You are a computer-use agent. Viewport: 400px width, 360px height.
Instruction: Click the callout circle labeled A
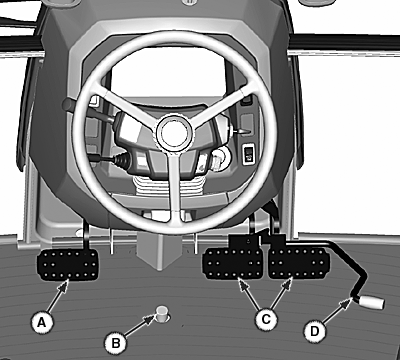click(x=42, y=322)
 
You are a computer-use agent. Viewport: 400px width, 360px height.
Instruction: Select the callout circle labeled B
click(x=116, y=343)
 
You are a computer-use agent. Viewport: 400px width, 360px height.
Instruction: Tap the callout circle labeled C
click(x=266, y=319)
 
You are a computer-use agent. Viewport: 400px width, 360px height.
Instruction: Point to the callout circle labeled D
click(x=315, y=331)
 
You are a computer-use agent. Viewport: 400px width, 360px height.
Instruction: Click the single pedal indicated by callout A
click(x=68, y=265)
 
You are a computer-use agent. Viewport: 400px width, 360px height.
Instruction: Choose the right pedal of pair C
click(x=299, y=263)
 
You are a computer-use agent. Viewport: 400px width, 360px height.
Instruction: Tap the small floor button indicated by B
click(x=162, y=313)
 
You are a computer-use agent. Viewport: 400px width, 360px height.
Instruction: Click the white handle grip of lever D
click(x=372, y=302)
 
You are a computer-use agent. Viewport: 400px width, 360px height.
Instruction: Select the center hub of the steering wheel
click(x=174, y=132)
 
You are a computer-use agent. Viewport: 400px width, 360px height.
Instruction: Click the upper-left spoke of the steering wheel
click(x=131, y=108)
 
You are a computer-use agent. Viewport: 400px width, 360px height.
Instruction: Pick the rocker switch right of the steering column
click(x=248, y=154)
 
